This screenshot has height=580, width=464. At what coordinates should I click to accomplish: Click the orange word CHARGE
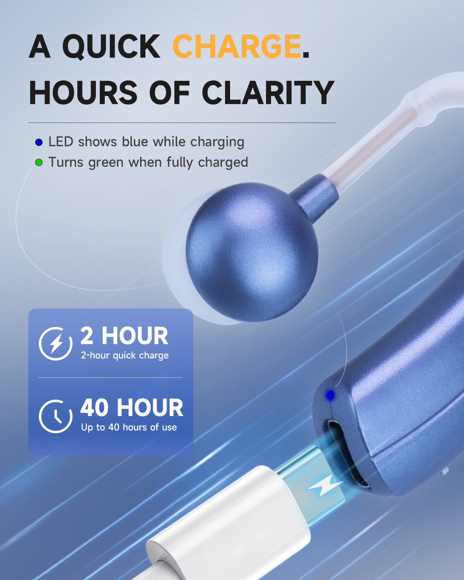coord(236,46)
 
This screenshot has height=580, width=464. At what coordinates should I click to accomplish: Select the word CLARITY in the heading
coord(268,93)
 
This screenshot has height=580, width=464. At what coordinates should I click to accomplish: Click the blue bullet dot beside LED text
coord(39,142)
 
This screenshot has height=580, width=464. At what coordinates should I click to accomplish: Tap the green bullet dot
coord(39,163)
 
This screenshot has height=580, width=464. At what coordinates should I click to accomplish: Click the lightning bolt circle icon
coord(56,343)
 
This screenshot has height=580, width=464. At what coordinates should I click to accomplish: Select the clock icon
coord(56,416)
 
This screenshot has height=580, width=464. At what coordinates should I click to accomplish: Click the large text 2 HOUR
coord(124,336)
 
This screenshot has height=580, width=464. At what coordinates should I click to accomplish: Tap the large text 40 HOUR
coord(131,408)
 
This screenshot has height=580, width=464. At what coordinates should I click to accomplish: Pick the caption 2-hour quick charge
coord(125,355)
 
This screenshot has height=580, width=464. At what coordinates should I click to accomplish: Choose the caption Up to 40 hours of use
coord(129,427)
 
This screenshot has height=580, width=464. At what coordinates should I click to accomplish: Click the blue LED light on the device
coord(330,395)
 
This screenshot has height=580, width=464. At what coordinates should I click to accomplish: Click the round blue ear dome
coord(251,251)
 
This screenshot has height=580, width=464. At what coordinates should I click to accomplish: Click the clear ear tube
coord(371,147)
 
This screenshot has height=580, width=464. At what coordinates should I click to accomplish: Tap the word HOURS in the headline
coord(83,93)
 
